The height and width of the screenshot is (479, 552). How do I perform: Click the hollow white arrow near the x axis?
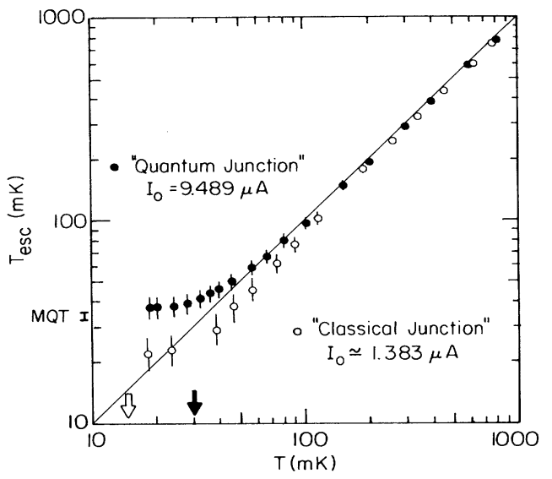point(127,405)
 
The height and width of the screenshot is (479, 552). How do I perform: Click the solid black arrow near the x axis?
point(195,403)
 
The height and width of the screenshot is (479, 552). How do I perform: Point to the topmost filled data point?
point(496,40)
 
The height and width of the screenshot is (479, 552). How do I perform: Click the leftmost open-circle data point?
point(149,355)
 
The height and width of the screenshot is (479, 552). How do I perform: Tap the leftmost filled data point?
point(149,308)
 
